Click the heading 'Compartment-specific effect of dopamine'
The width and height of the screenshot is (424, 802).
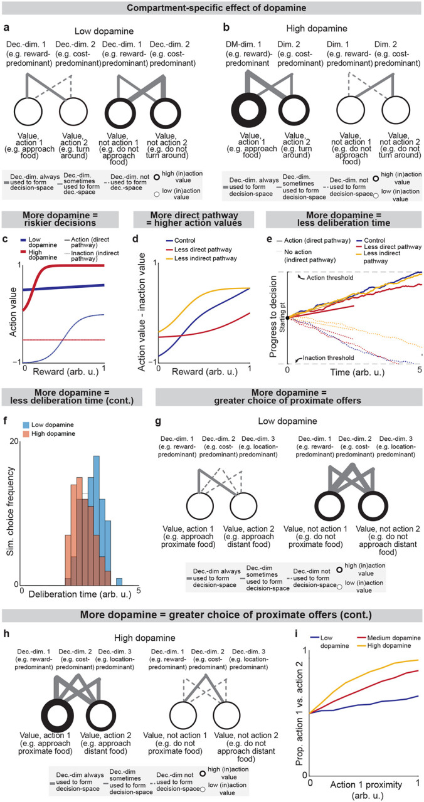(x=212, y=8)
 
